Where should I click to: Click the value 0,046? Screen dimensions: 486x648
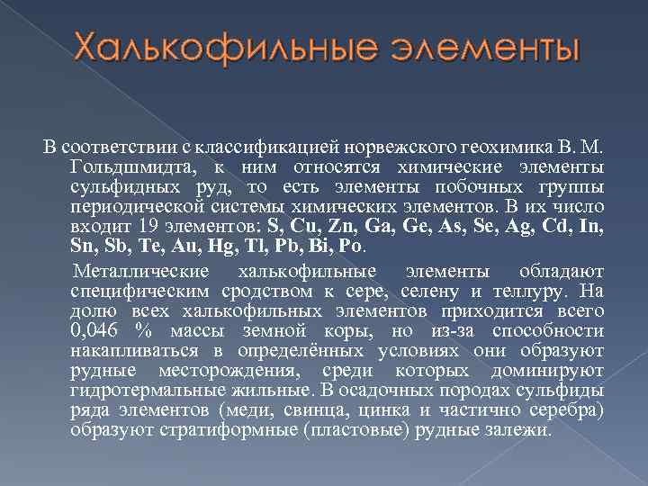(x=92, y=332)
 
